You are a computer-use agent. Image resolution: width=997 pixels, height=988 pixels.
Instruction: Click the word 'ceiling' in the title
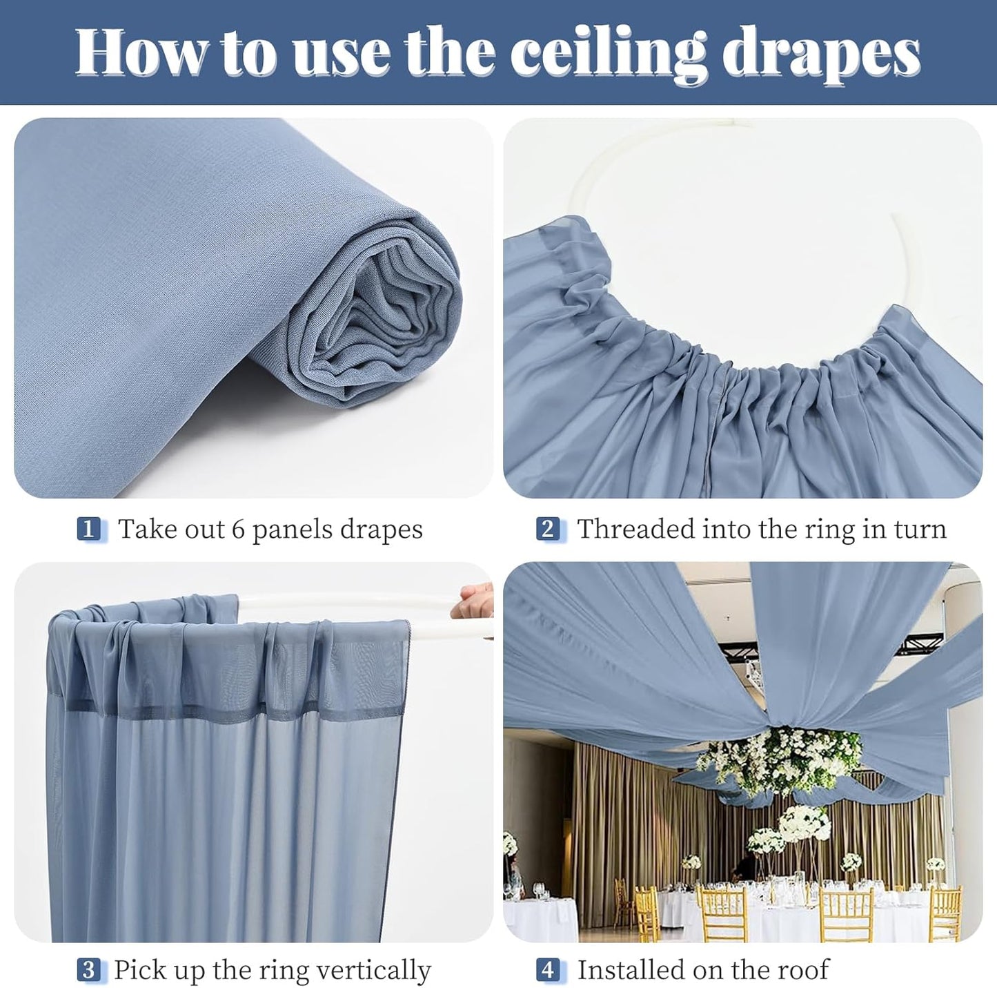point(610,52)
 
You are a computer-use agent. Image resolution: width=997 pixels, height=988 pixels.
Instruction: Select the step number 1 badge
point(88,530)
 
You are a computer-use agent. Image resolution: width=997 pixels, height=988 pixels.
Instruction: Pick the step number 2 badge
point(548,530)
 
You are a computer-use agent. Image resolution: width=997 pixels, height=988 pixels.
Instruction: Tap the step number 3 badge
point(88,970)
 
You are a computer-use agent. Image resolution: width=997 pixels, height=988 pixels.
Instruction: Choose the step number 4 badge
point(548,970)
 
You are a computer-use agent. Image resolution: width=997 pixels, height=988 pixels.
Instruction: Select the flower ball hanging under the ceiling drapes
point(780,759)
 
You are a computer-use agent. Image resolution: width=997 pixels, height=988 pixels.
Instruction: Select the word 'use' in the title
point(344,52)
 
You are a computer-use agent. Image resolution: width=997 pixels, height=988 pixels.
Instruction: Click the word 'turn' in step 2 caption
point(918,530)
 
